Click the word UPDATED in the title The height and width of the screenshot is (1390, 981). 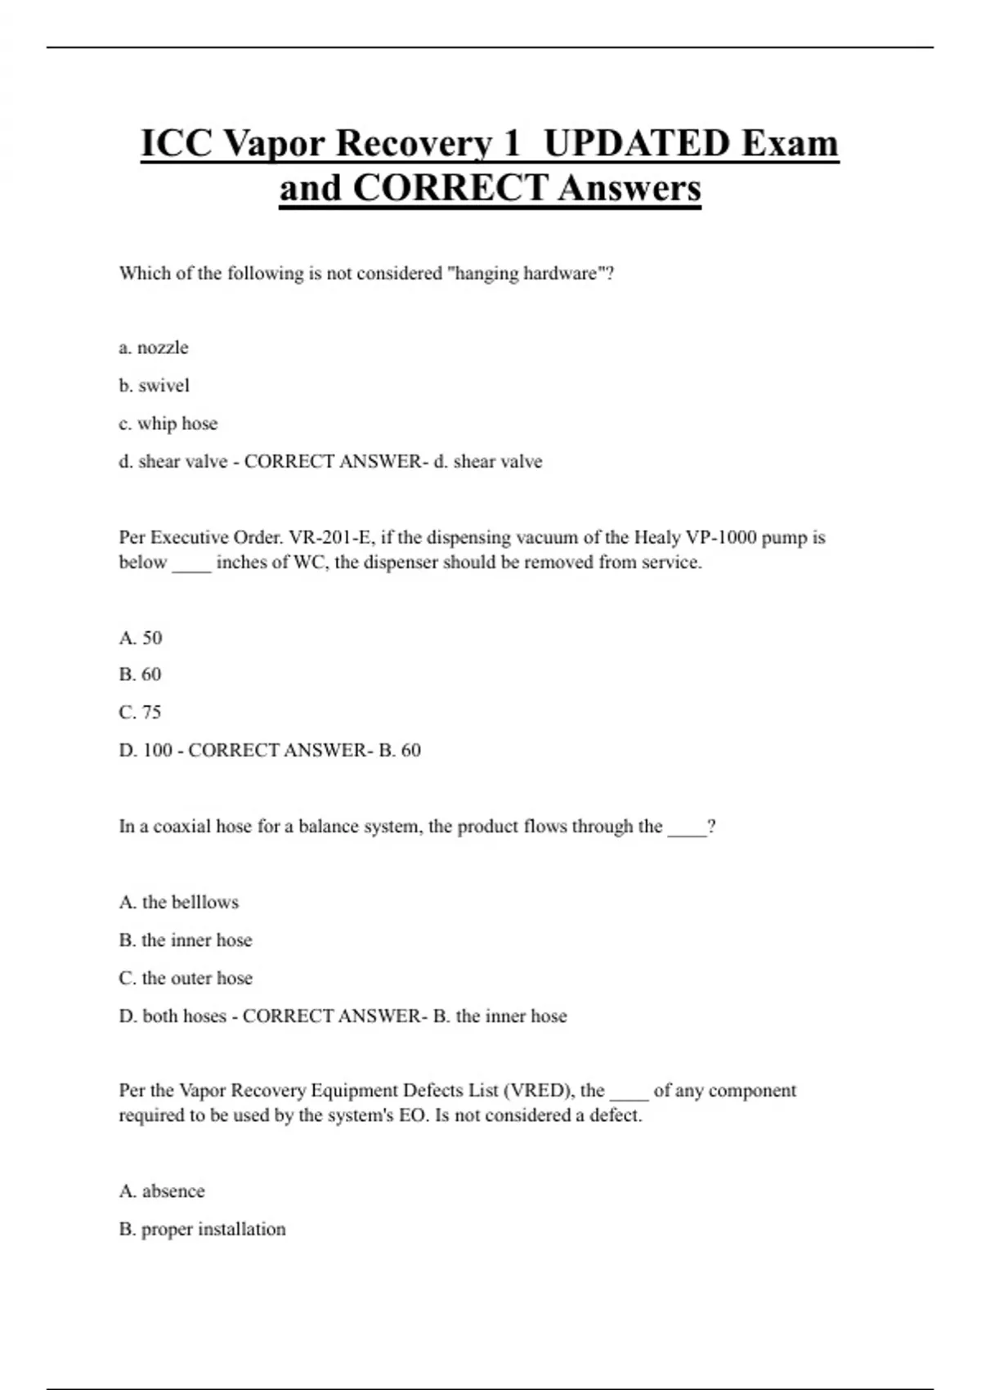pyautogui.click(x=637, y=143)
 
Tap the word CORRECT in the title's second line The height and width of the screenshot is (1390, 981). pyautogui.click(x=450, y=188)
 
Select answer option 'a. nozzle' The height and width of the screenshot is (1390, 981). pyautogui.click(x=154, y=347)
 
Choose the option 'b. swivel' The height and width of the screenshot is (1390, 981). pyautogui.click(x=154, y=385)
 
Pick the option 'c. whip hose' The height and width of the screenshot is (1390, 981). pyautogui.click(x=168, y=424)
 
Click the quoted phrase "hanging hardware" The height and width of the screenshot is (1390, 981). pyautogui.click(x=526, y=273)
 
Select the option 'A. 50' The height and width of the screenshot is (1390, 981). pyautogui.click(x=141, y=638)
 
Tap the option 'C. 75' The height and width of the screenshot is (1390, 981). pyautogui.click(x=140, y=712)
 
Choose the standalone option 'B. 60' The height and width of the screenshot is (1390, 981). pyautogui.click(x=140, y=675)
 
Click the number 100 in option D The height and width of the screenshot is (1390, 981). pyautogui.click(x=158, y=750)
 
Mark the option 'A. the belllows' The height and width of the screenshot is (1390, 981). pyautogui.click(x=179, y=902)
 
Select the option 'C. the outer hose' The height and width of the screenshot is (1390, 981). pyautogui.click(x=186, y=978)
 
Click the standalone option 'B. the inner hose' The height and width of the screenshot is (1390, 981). pyautogui.click(x=186, y=940)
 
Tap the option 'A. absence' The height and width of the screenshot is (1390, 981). pyautogui.click(x=162, y=1191)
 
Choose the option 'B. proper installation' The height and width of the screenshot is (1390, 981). pyautogui.click(x=203, y=1229)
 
